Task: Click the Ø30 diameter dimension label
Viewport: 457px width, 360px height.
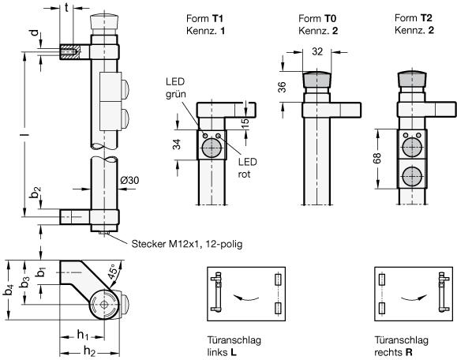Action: (x=129, y=181)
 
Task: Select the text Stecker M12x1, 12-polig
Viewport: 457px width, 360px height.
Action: (x=187, y=244)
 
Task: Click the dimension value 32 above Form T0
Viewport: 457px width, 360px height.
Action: (x=317, y=51)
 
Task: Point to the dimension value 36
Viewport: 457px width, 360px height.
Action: (x=282, y=87)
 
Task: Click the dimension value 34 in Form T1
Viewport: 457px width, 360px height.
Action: (x=177, y=144)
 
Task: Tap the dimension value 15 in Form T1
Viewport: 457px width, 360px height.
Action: (x=245, y=121)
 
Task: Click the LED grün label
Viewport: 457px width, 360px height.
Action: (x=176, y=88)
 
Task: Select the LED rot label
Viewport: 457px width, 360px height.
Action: (x=248, y=168)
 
